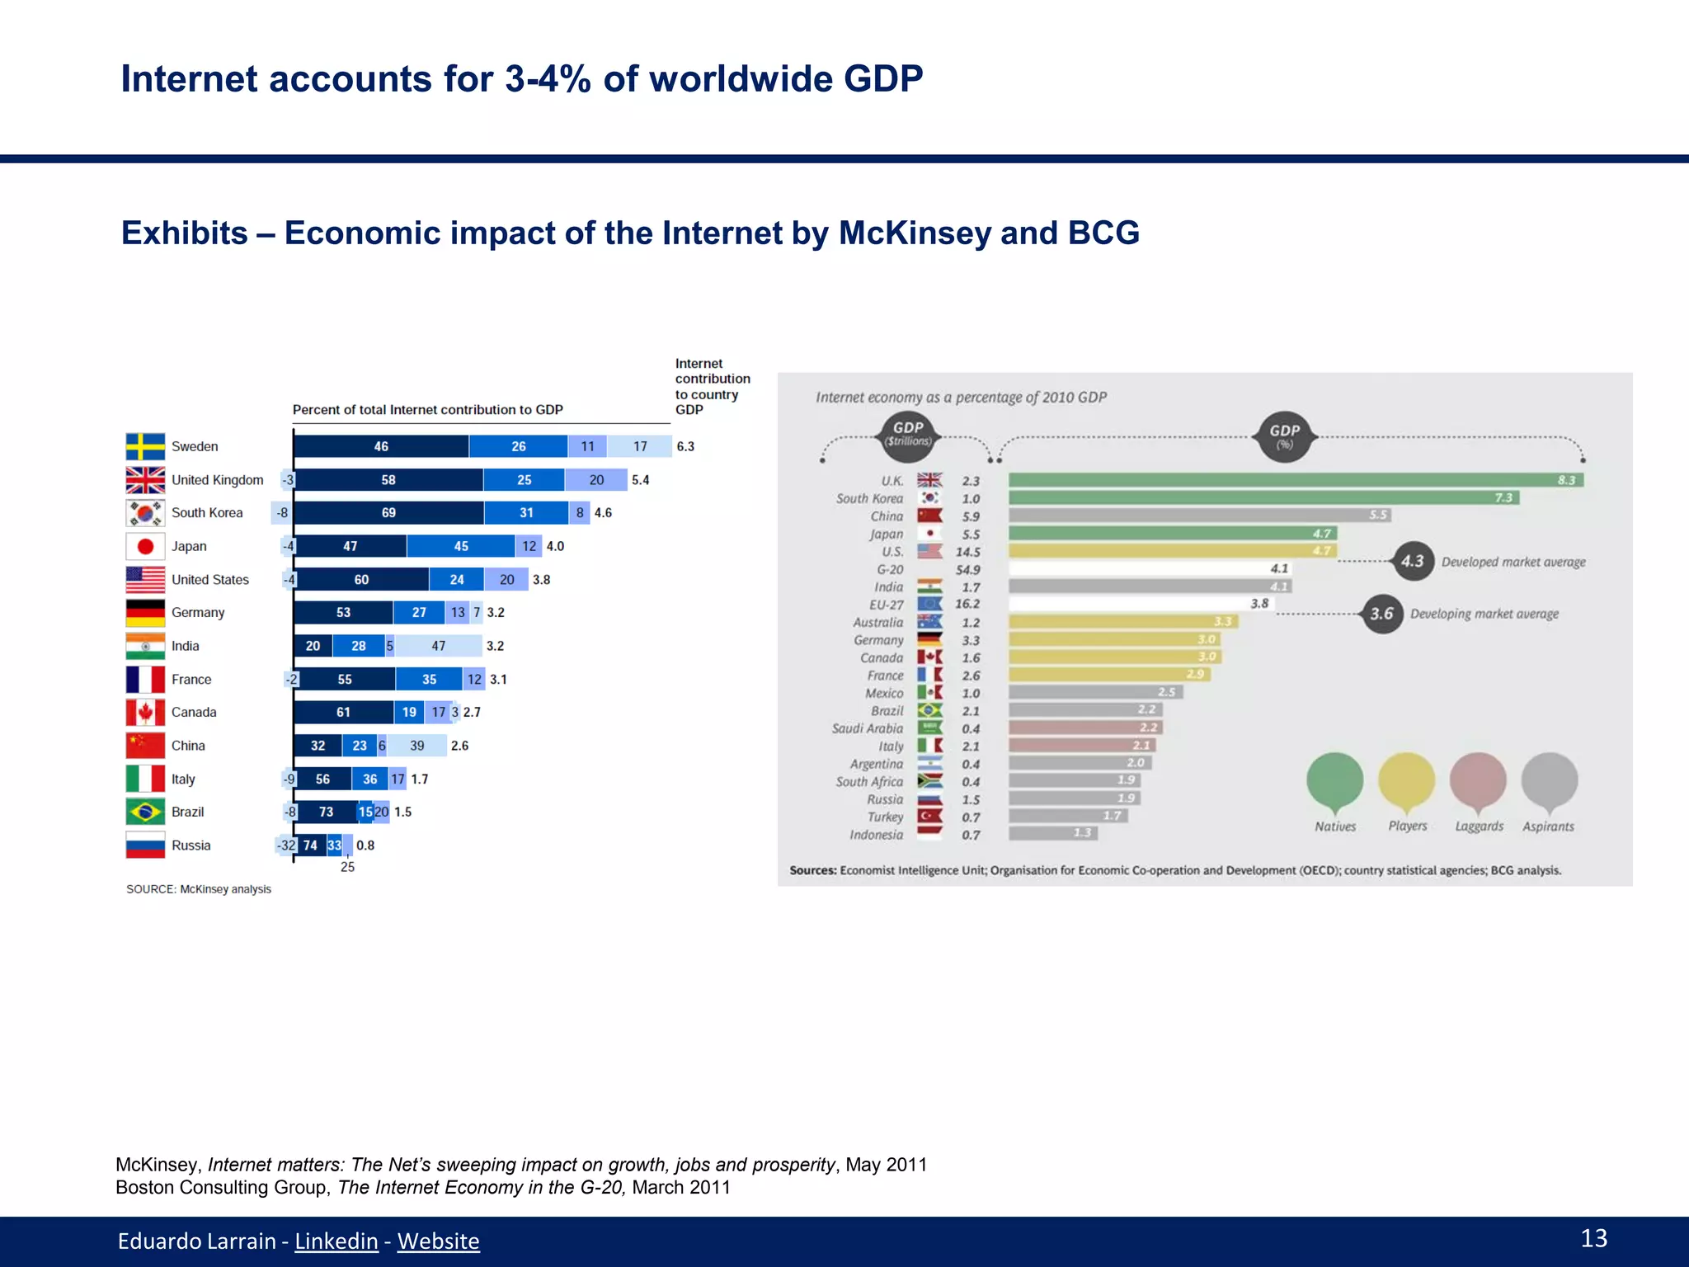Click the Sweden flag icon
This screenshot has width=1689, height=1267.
[x=145, y=446]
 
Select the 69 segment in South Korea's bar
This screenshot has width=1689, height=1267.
[x=388, y=513]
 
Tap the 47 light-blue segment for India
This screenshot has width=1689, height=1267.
[x=438, y=646]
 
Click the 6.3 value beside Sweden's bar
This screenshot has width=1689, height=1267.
[x=685, y=446]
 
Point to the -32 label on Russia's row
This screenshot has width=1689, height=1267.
[x=285, y=845]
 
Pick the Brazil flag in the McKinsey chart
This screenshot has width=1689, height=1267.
[x=145, y=812]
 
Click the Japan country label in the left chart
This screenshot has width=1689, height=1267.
[x=189, y=546]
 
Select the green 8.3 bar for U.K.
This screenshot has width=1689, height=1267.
[x=1295, y=480]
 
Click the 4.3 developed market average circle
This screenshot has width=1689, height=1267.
[x=1413, y=562]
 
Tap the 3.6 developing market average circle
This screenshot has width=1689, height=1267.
[x=1382, y=614]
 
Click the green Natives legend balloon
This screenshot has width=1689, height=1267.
[x=1334, y=780]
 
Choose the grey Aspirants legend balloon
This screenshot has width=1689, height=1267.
[x=1549, y=780]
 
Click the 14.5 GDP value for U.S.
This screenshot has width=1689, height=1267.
[x=968, y=552]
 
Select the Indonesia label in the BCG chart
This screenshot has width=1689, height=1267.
[x=876, y=835]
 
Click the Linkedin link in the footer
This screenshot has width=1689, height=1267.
[x=336, y=1241]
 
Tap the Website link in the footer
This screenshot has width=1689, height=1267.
[x=438, y=1241]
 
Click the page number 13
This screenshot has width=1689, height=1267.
[x=1593, y=1238]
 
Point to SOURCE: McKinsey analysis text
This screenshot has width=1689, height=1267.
[x=199, y=889]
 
